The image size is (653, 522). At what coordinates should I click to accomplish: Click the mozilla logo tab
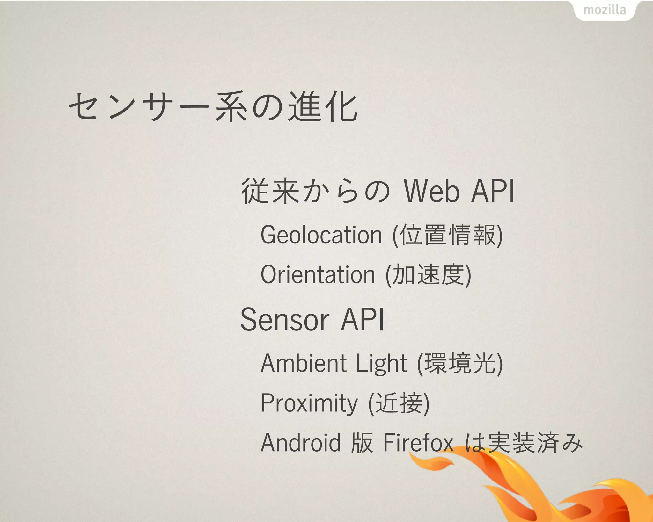605,10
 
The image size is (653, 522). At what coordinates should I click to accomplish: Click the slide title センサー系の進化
213,107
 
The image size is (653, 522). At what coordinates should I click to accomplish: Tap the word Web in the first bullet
432,191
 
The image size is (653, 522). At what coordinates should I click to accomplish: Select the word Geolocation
321,235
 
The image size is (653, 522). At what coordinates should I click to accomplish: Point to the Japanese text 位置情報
448,235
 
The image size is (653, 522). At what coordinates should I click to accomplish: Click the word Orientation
318,275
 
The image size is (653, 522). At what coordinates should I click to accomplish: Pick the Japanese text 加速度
428,275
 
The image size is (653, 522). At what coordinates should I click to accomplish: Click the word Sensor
284,320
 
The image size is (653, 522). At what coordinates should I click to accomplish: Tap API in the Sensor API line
363,320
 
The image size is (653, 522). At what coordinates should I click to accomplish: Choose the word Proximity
309,403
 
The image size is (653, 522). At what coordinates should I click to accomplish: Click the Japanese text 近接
399,403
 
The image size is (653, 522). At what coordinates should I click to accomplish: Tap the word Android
301,443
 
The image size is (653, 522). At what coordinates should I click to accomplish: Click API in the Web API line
493,191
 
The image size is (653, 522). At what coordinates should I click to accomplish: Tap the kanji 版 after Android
362,443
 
